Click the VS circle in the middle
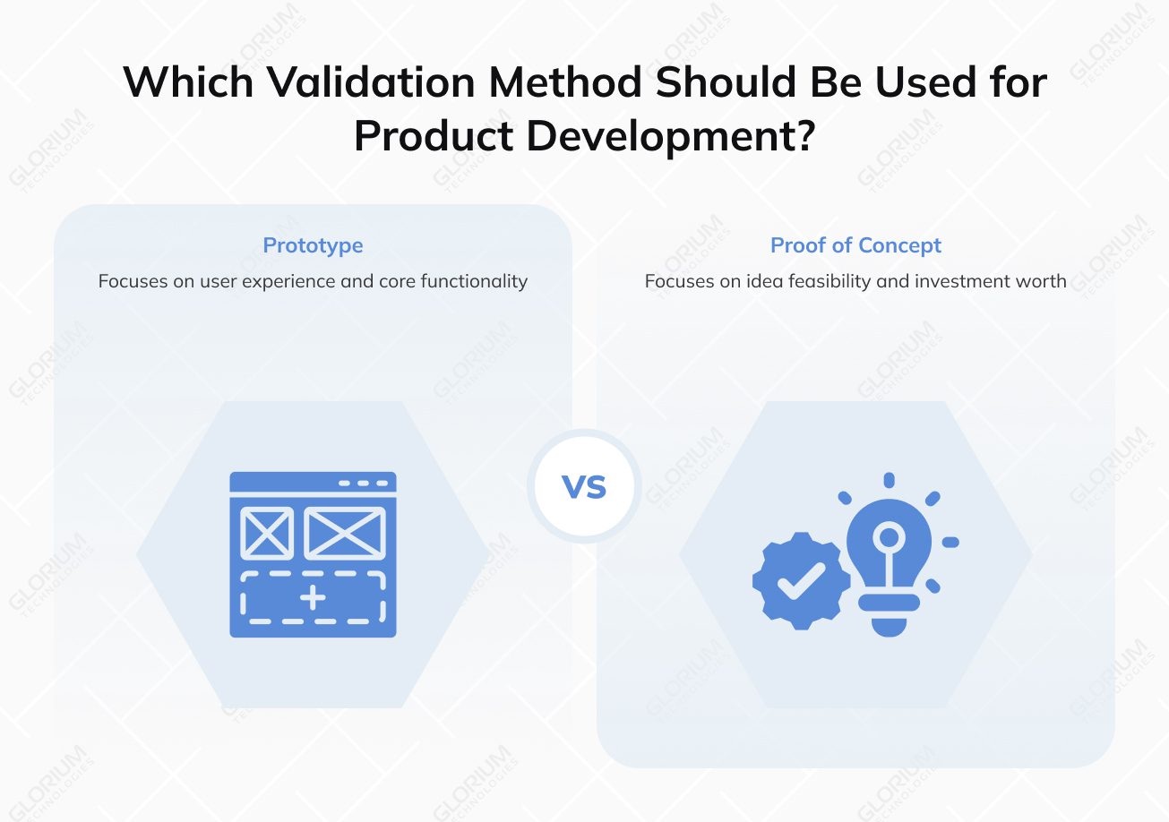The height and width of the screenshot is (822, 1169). coord(584,486)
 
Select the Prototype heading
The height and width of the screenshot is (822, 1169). coord(313,245)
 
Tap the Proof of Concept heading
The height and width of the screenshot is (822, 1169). coord(855,245)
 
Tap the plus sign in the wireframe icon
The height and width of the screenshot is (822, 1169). coord(313,597)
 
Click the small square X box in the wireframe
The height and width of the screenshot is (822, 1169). coord(267,533)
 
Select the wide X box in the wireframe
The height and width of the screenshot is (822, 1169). coord(345,533)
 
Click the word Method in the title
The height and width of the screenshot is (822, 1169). coord(565,83)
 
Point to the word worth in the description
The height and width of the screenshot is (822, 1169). coord(1042,281)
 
